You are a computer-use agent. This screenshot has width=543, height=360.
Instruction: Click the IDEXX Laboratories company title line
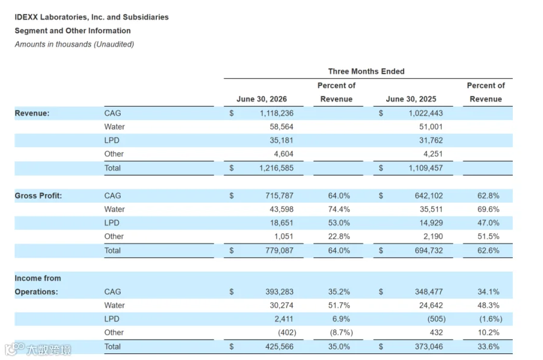coord(92,17)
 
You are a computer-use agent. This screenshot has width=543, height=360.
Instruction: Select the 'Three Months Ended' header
coord(366,71)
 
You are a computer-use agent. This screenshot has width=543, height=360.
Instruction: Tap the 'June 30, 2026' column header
coord(261,99)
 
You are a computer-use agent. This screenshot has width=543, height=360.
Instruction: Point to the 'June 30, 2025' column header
coord(411,99)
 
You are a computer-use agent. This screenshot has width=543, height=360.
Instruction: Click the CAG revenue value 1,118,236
coord(276,113)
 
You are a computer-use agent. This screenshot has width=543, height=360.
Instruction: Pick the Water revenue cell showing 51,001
coord(431,127)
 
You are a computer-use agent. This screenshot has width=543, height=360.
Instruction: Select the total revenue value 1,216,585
coord(276,168)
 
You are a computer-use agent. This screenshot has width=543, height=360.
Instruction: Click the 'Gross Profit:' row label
coord(38,195)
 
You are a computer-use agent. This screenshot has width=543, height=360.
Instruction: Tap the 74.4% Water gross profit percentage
coord(339,209)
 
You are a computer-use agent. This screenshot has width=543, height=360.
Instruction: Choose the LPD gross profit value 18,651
coord(282,223)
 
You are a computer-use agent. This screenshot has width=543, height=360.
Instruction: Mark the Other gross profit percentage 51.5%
coord(488,236)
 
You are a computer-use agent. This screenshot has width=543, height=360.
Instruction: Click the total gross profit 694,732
coord(429,250)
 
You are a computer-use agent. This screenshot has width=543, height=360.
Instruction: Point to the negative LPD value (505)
coord(436,319)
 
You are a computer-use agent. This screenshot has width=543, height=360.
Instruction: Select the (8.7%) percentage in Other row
coord(341,333)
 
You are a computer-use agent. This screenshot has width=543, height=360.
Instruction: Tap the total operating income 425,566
coord(279,347)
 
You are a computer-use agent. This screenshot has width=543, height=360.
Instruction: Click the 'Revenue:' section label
coord(32,113)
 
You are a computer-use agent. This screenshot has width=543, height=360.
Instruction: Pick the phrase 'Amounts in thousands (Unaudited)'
coord(74,44)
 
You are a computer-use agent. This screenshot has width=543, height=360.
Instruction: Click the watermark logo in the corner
coord(38,349)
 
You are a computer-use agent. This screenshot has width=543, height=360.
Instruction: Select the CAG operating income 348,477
coord(429,292)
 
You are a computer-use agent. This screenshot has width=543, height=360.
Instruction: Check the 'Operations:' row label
coord(36,292)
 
